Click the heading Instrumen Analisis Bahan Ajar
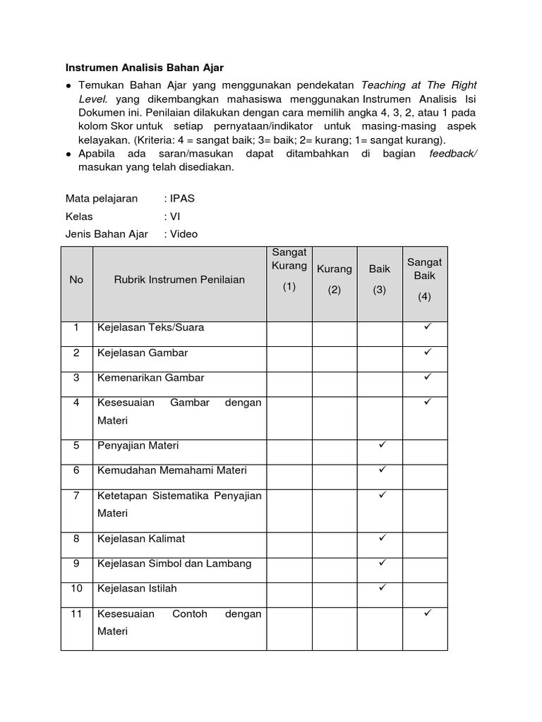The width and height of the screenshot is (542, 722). coord(144,68)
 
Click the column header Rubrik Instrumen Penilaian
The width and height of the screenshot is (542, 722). coord(179,280)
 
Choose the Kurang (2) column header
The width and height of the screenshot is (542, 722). coord(335,280)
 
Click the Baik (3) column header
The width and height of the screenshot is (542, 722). coord(380,280)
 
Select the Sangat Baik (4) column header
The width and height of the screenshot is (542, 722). coord(424,280)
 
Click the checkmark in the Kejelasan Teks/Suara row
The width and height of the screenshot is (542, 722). coord(427,326)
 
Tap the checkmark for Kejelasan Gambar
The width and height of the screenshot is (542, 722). coord(427,351)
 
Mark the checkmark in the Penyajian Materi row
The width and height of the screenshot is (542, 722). coord(382,444)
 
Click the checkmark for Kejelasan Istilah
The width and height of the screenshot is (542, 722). coord(382,587)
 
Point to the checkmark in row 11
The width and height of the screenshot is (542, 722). coord(427,613)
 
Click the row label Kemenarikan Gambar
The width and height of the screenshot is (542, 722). coord(150,378)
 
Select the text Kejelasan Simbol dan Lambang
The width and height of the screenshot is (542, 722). coord(174,564)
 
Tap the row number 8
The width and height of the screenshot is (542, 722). coord(76,539)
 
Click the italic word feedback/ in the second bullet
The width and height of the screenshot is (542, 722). coord(453,154)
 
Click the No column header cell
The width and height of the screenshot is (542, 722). coord(76,280)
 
